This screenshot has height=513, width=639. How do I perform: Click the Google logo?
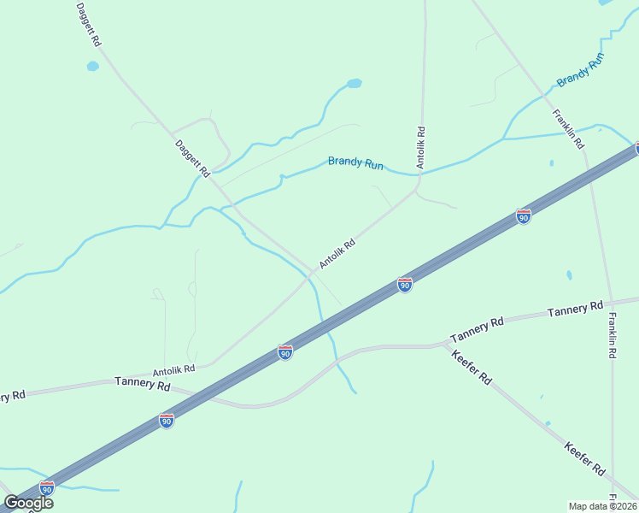click(29, 503)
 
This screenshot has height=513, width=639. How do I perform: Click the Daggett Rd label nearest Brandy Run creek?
click(192, 158)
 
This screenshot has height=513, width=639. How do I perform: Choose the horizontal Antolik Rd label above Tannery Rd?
click(174, 370)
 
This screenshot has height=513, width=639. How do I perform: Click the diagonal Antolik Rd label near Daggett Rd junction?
click(337, 253)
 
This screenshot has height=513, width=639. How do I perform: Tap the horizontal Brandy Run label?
click(356, 162)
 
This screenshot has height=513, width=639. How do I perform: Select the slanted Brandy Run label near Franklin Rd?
click(581, 70)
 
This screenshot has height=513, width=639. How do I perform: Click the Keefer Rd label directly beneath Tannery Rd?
click(472, 366)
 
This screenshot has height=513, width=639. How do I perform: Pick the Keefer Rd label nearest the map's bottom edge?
click(585, 458)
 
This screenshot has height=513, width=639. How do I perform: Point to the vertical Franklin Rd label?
click(613, 334)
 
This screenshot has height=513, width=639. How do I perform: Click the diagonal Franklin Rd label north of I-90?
click(568, 128)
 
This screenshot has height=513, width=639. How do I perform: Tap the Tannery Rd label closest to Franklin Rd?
click(575, 309)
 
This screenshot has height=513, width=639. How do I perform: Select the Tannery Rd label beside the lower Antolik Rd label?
click(143, 384)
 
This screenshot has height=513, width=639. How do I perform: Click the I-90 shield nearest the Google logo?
click(47, 486)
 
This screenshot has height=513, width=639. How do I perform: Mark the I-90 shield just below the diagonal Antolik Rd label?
click(405, 284)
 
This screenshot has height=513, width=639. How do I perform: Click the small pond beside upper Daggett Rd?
click(92, 66)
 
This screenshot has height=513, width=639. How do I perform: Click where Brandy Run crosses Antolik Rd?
click(419, 175)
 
